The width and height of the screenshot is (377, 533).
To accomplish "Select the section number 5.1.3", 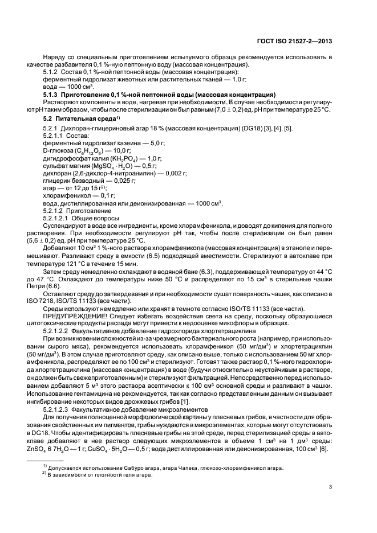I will [52, 94].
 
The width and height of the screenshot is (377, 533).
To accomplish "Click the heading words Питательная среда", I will [86, 117].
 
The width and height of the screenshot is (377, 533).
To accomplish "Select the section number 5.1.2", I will [52, 72].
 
